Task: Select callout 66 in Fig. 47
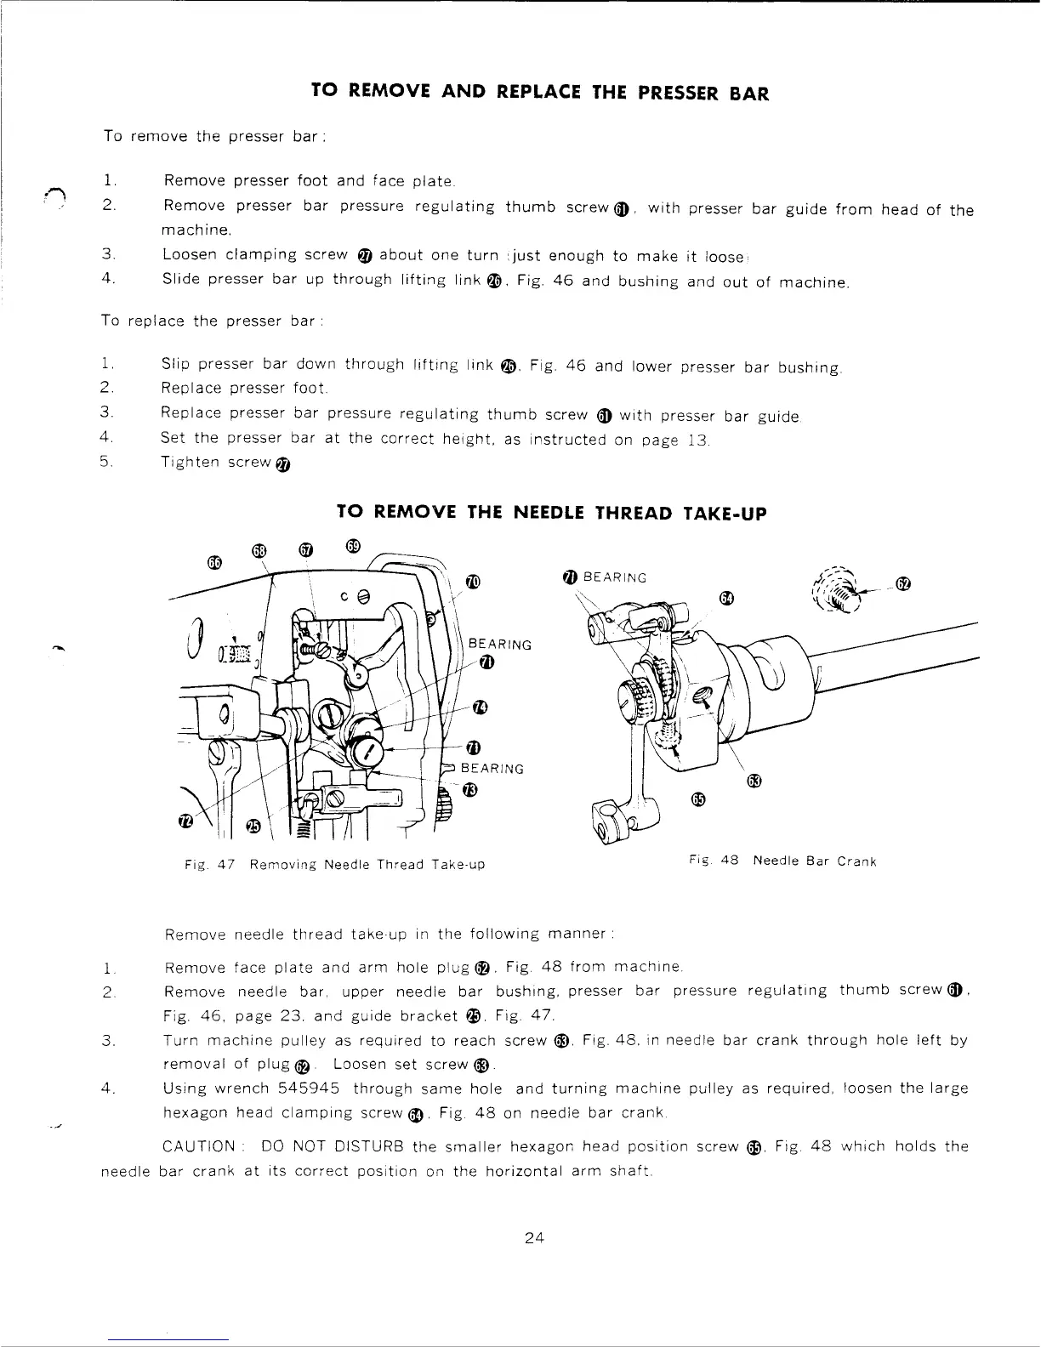point(214,562)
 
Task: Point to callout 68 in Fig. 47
point(260,551)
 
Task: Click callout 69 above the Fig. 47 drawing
point(354,544)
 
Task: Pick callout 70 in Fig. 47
point(474,582)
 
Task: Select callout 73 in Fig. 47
point(469,790)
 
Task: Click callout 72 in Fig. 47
point(185,821)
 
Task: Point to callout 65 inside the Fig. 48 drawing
point(698,799)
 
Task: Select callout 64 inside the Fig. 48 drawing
point(725,598)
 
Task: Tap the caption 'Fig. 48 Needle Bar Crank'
point(781,861)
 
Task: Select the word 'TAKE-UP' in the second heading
point(725,513)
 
